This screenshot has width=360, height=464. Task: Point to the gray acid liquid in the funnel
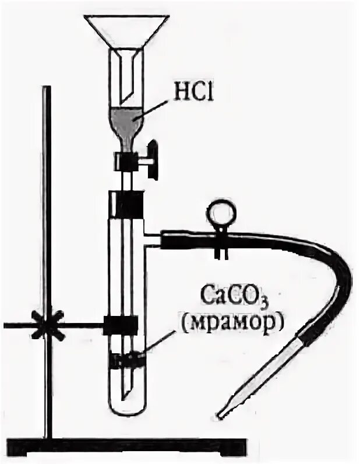pos(128,121)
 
